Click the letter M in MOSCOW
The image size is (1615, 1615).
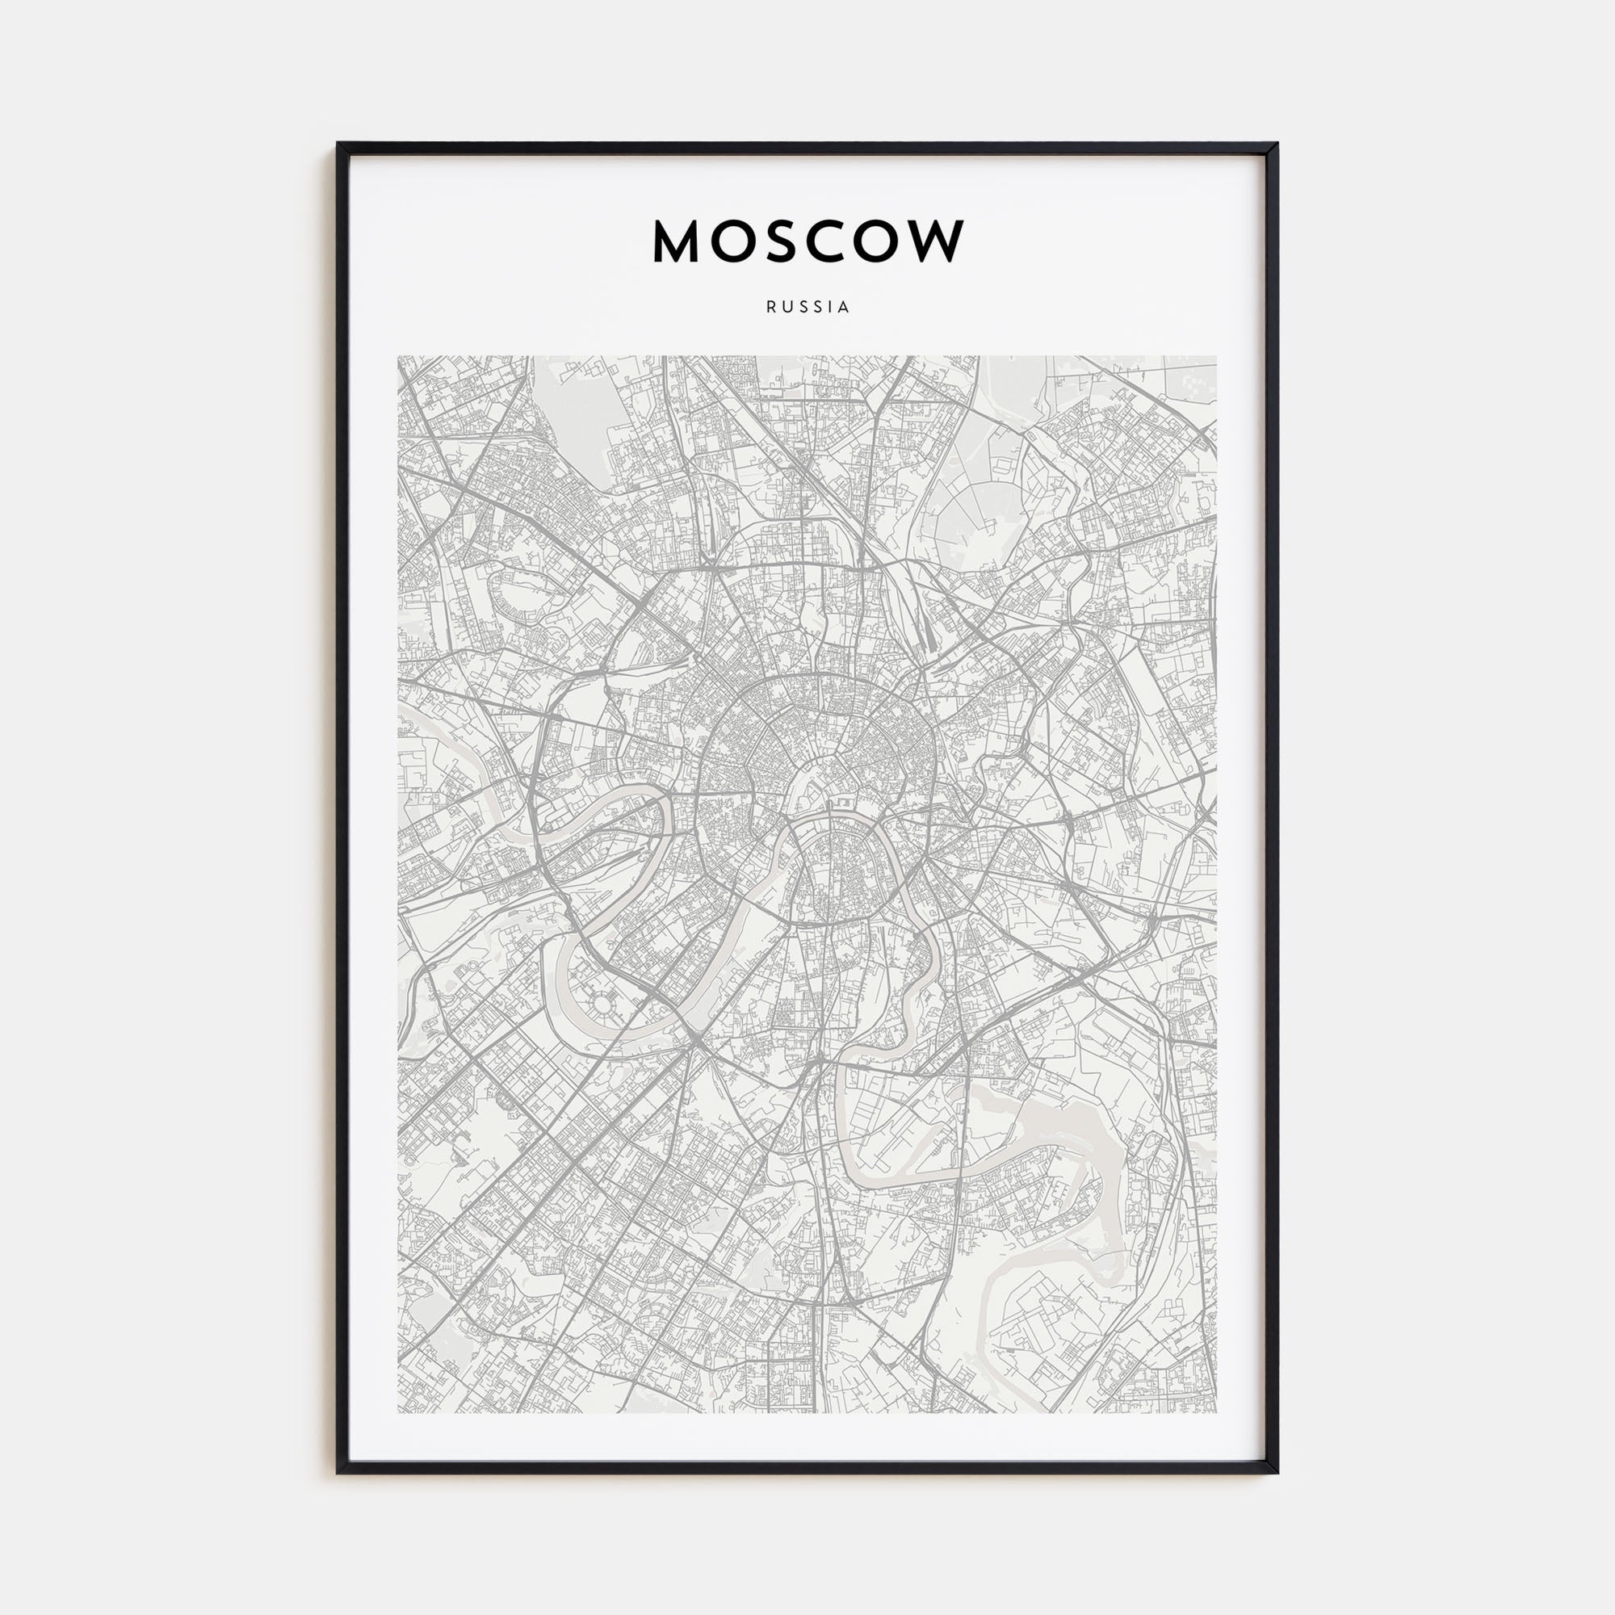click(x=675, y=241)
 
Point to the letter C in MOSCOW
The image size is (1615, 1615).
click(x=827, y=241)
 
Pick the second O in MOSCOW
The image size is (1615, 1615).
click(x=880, y=241)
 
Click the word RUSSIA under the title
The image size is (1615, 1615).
click(x=807, y=307)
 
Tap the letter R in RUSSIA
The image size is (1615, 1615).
click(x=770, y=307)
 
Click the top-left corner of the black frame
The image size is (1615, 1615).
click(x=338, y=144)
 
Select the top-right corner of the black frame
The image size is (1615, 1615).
click(x=1277, y=144)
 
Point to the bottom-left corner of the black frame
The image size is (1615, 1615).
click(x=338, y=1472)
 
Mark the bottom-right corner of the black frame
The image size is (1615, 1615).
click(x=1277, y=1472)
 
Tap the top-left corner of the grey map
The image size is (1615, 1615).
click(x=399, y=357)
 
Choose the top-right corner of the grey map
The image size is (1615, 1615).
click(x=1216, y=357)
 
